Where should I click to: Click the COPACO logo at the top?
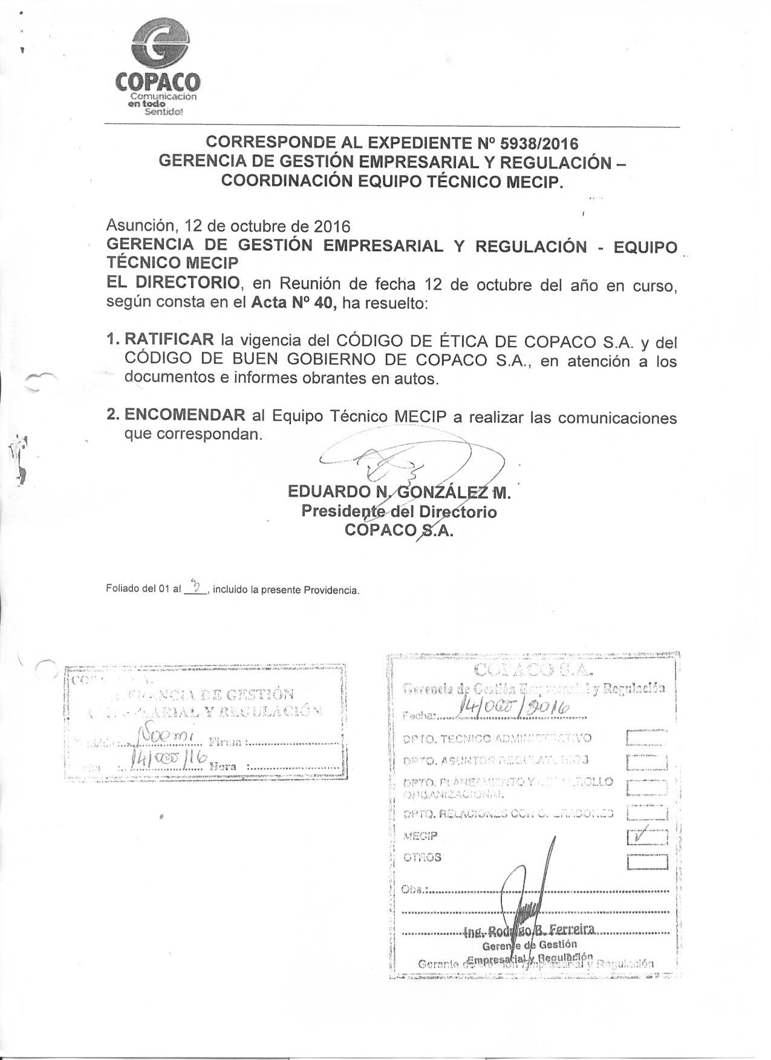[x=158, y=67]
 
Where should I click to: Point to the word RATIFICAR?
[x=169, y=340]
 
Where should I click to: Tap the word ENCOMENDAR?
[x=184, y=415]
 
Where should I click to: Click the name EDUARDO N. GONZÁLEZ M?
[x=400, y=492]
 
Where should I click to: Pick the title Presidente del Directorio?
[x=399, y=512]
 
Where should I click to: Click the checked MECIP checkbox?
[x=647, y=837]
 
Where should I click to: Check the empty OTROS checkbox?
[x=647, y=862]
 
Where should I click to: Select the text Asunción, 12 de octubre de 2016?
[x=228, y=226]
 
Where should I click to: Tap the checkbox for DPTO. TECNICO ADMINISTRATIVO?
[x=647, y=738]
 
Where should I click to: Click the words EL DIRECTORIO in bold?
[x=173, y=283]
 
